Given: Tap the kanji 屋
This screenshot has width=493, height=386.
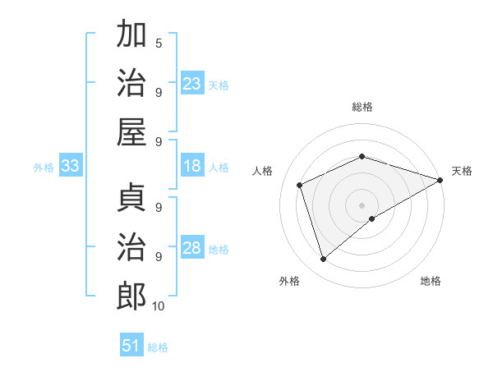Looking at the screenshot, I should click(x=132, y=131).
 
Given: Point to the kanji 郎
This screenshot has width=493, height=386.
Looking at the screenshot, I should click(x=132, y=295).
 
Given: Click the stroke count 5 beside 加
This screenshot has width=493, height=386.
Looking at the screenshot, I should click(x=159, y=43).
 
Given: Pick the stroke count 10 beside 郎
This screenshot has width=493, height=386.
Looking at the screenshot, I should click(x=159, y=306).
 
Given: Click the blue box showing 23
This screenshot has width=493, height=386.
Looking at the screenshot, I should click(x=192, y=84).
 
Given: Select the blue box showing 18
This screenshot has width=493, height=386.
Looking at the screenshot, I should click(x=192, y=167).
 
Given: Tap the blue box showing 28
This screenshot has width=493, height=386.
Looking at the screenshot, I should click(x=192, y=249).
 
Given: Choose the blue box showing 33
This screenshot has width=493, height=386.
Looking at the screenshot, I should click(x=70, y=167).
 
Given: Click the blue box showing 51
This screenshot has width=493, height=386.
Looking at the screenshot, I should click(x=131, y=346).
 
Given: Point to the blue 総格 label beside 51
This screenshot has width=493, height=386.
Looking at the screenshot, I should click(x=158, y=347).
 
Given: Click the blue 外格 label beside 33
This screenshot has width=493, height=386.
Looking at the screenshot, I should click(x=44, y=168).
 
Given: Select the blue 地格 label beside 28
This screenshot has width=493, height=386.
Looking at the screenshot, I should click(x=219, y=250).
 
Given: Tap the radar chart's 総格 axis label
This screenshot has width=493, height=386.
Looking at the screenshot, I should click(x=362, y=107).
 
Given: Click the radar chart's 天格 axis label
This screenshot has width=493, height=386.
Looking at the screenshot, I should click(x=463, y=171).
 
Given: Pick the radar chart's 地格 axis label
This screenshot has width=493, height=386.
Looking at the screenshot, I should click(x=431, y=281).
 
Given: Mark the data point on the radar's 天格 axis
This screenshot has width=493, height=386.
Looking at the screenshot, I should click(x=441, y=179).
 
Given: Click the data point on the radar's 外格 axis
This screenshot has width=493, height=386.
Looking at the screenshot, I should click(x=323, y=260).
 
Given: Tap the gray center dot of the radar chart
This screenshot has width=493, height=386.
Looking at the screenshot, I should click(x=362, y=204).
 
